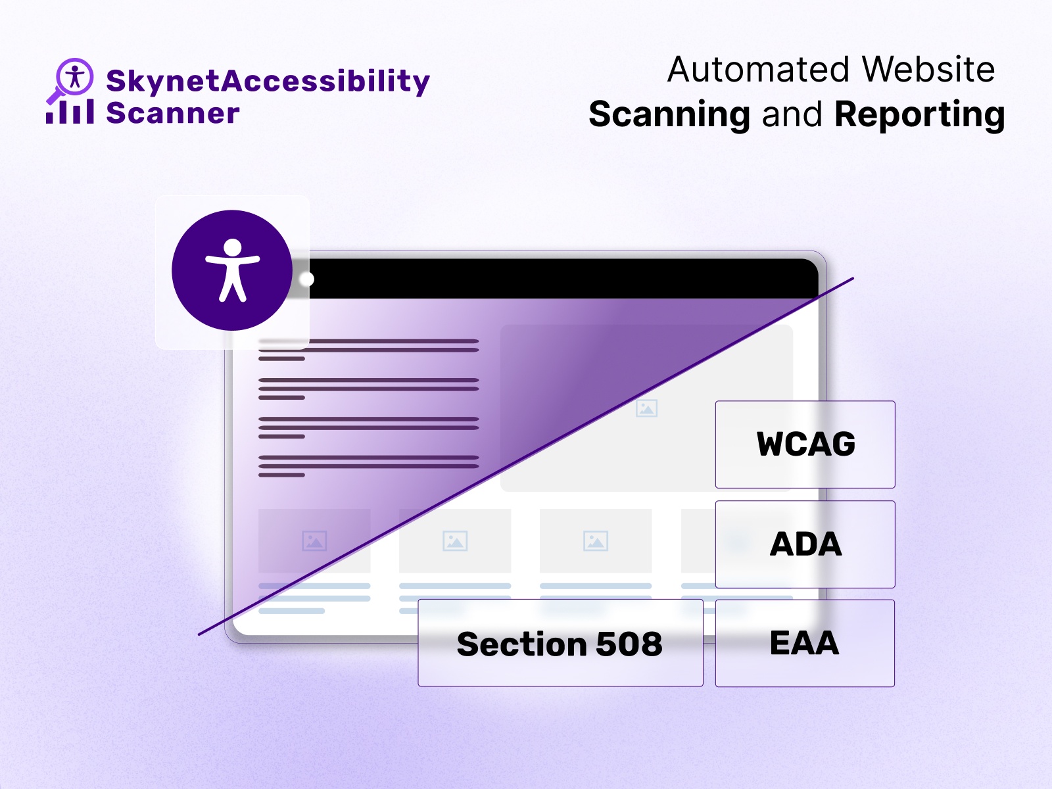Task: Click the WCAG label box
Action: pyautogui.click(x=805, y=444)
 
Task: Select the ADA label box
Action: pyautogui.click(x=805, y=544)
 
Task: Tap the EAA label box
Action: pyautogui.click(x=805, y=643)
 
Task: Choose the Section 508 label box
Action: pyautogui.click(x=560, y=643)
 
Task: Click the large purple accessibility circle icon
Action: pyautogui.click(x=232, y=270)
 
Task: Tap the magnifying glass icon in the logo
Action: pyautogui.click(x=72, y=78)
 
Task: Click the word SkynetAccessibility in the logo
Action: pyautogui.click(x=268, y=82)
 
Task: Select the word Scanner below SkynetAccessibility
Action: pyautogui.click(x=173, y=114)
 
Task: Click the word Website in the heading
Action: pyautogui.click(x=928, y=70)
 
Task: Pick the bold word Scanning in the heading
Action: pyautogui.click(x=669, y=115)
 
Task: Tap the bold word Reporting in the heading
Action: pyautogui.click(x=919, y=115)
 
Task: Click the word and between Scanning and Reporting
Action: pyautogui.click(x=792, y=115)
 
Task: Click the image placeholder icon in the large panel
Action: pyautogui.click(x=646, y=408)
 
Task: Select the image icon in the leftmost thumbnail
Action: pyautogui.click(x=314, y=541)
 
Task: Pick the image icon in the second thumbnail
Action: pyautogui.click(x=455, y=541)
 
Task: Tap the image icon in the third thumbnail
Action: pyautogui.click(x=596, y=541)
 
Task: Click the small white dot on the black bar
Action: pyautogui.click(x=306, y=279)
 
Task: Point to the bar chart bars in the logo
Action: pyautogui.click(x=70, y=112)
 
